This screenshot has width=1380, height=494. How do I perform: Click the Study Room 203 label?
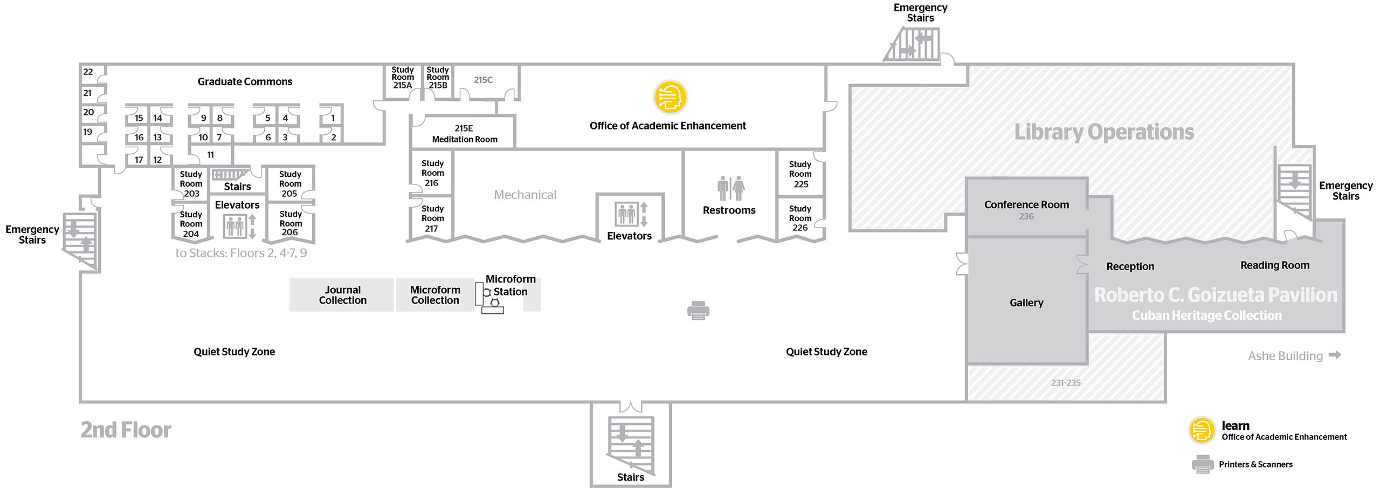191,184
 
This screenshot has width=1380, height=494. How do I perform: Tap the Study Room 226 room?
801,218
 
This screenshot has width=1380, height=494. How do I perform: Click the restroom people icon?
730,188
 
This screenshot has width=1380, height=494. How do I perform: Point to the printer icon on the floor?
699,311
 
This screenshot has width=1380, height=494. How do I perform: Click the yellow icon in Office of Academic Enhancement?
671,97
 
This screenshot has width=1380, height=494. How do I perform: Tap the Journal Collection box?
342,295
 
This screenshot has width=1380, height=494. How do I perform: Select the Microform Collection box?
435,295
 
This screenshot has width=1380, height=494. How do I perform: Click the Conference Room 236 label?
1026,210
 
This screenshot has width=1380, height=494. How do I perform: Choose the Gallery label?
1026,303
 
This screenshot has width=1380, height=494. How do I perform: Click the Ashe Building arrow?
1335,355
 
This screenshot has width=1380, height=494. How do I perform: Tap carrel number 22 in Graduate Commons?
88,72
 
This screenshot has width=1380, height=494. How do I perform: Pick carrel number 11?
210,155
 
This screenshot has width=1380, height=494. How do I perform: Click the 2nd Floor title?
126,430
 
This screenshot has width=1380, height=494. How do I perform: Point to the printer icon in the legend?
1203,464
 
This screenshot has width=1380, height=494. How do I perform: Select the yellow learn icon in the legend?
1202,431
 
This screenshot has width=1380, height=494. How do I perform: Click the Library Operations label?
1104,132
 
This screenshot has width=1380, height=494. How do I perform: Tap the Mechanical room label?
525,195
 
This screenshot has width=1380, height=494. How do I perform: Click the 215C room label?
483,80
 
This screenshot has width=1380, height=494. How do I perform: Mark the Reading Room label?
1275,265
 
